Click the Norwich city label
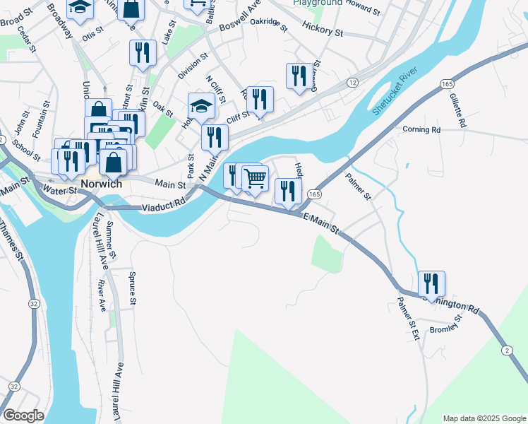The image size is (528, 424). coord(102,184)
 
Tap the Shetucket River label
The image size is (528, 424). coord(395,92)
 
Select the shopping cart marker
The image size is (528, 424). coord(256,178)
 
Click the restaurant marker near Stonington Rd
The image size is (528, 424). coord(431,283)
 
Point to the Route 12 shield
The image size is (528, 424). coord(352,83)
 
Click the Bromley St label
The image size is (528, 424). coord(445,326)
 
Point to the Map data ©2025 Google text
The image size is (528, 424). coord(484,418)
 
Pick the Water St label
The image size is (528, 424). coord(59,190)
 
